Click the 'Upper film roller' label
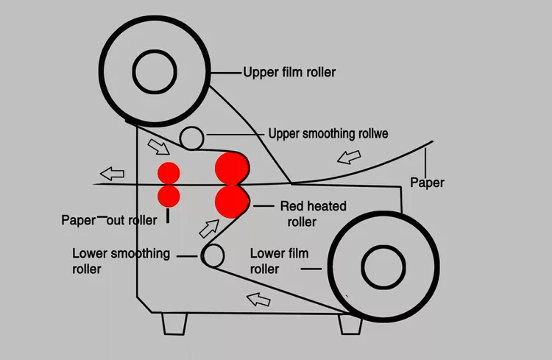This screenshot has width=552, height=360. click(x=289, y=72)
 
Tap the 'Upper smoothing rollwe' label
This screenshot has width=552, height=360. click(x=328, y=134)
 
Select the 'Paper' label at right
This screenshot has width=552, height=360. click(x=427, y=182)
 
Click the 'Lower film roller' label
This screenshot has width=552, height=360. click(x=279, y=261)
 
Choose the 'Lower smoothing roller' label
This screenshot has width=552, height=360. click(x=121, y=261)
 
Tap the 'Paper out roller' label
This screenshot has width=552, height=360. click(x=110, y=220)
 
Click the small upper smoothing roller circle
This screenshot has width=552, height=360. click(x=192, y=137)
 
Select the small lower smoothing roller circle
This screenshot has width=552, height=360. click(x=213, y=255)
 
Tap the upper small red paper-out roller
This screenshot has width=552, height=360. click(x=169, y=174)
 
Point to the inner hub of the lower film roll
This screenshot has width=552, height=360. click(x=383, y=264)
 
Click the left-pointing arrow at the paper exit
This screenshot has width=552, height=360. click(x=112, y=174)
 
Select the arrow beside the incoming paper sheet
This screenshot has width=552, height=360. click(x=350, y=157)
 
